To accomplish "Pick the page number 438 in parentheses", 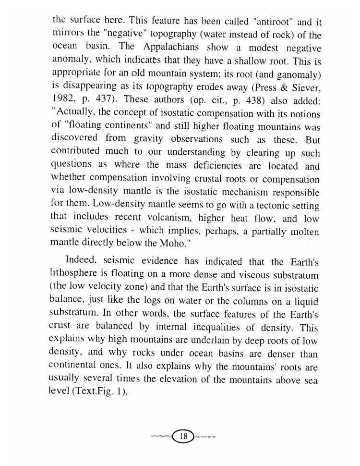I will pos(255,102).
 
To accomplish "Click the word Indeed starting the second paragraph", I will pos(82,262).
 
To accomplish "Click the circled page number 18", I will pos(182,437).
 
